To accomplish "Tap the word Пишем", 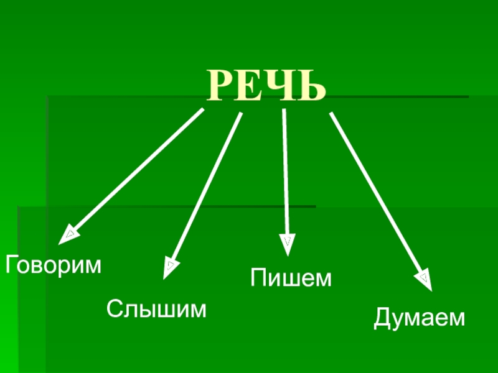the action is point(291,278).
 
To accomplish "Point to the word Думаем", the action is point(420,318).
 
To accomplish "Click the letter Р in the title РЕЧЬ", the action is point(222,86).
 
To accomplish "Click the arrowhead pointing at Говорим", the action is point(67,235).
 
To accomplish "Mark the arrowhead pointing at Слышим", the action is point(169,268).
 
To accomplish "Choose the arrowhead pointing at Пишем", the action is point(287,244).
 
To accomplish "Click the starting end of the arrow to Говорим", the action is point(202,110).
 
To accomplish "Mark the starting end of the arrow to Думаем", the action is point(331,114).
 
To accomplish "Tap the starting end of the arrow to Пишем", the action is point(284,111).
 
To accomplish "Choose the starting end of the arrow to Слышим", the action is point(240,114).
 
